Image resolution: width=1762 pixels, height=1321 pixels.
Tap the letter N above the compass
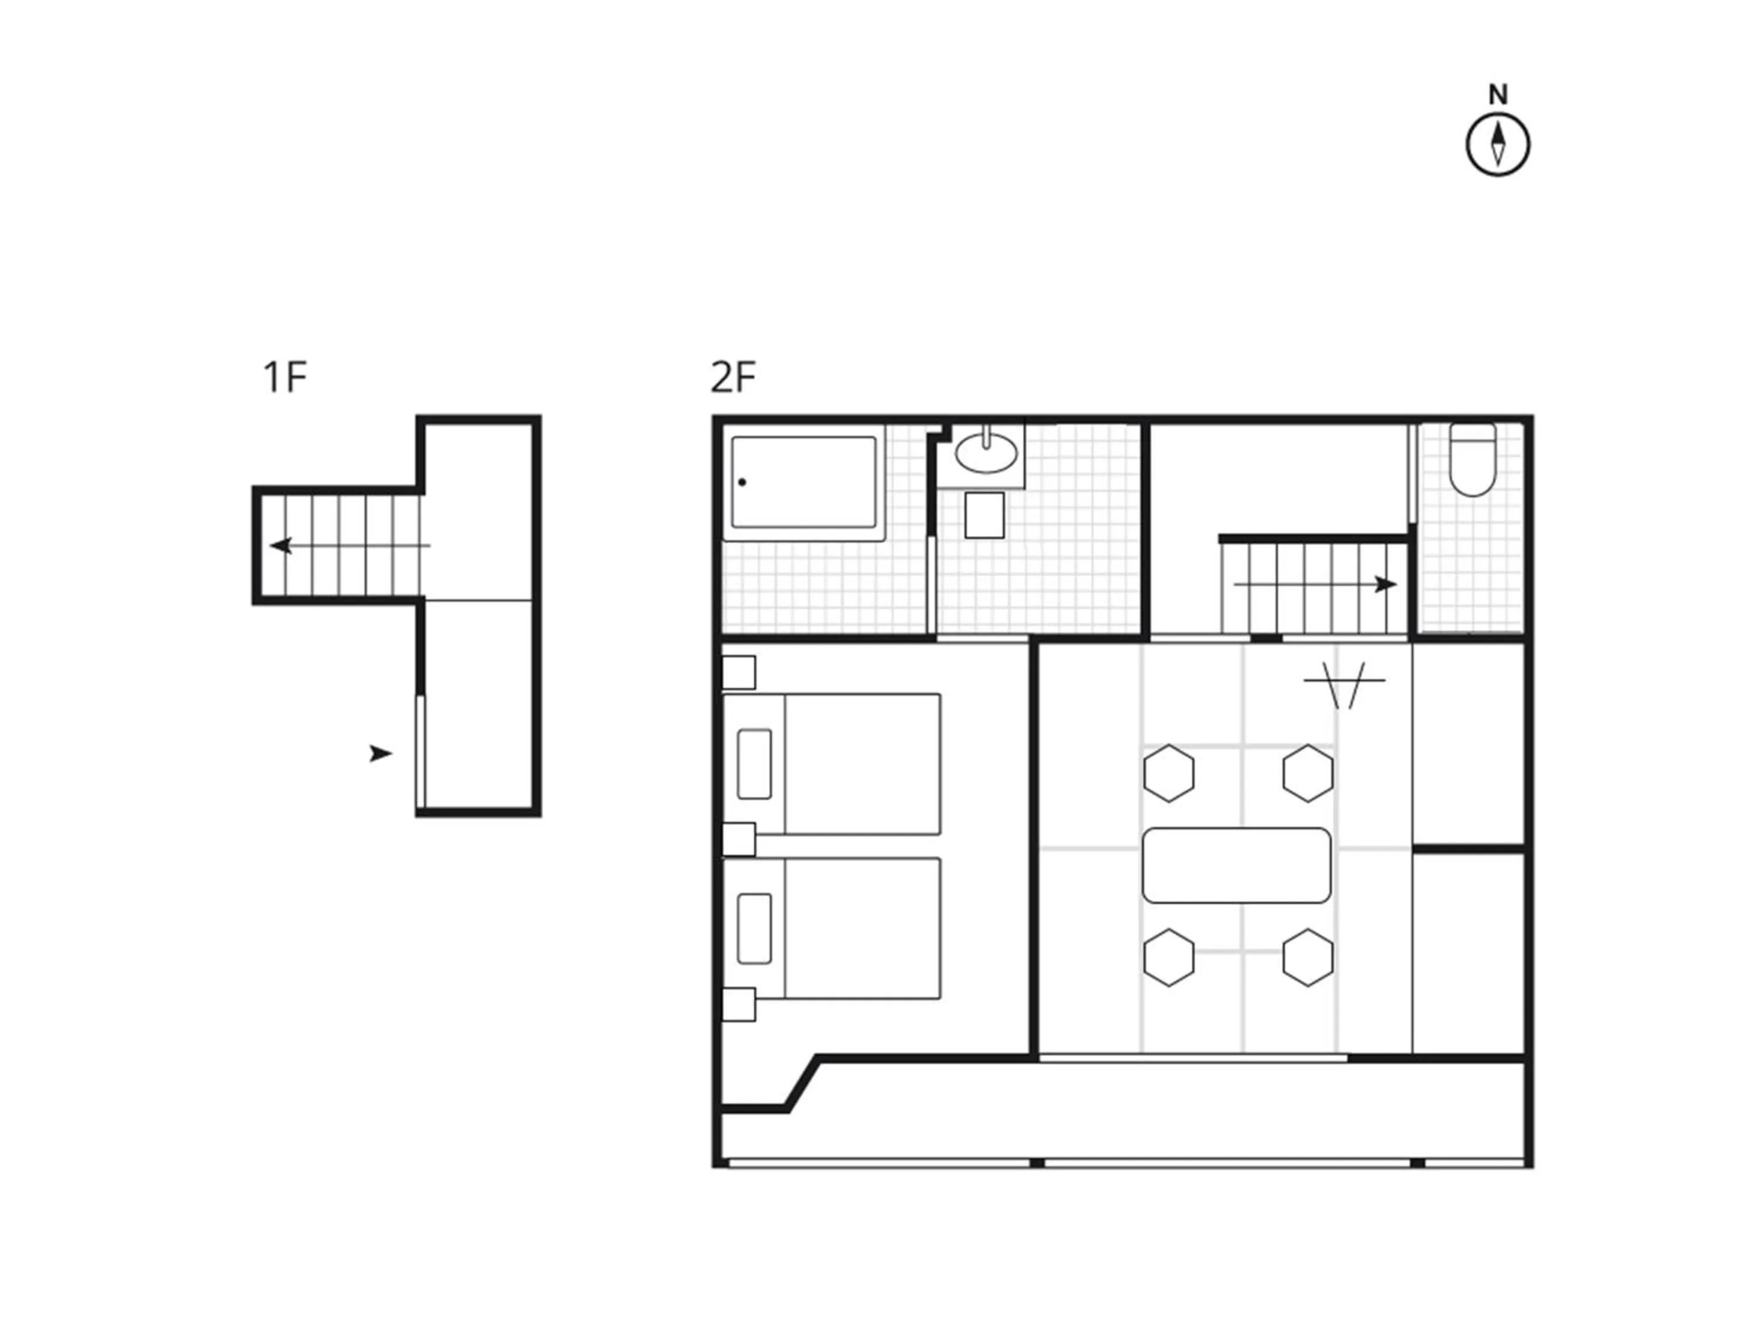tap(1498, 95)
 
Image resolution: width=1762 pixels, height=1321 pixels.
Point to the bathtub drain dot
tap(742, 482)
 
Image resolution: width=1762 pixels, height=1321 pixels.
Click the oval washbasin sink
tap(986, 453)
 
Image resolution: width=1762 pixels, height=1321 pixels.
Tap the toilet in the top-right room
tap(1472, 460)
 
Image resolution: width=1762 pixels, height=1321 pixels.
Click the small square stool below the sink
tap(984, 515)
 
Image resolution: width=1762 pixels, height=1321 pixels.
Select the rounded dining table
tap(1236, 865)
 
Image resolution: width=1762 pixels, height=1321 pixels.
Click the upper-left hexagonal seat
tap(1169, 773)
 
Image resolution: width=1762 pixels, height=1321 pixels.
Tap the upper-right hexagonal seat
tap(1308, 773)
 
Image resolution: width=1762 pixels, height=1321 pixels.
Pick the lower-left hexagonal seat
tap(1169, 958)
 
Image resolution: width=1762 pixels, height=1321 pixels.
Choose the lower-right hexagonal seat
tap(1308, 958)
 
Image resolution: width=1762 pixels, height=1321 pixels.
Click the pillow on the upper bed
tap(754, 764)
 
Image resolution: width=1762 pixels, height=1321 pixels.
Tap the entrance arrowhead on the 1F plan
tap(381, 753)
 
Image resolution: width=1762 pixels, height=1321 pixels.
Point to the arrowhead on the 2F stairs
tap(1386, 584)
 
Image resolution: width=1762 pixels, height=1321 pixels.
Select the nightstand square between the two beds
tap(738, 839)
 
